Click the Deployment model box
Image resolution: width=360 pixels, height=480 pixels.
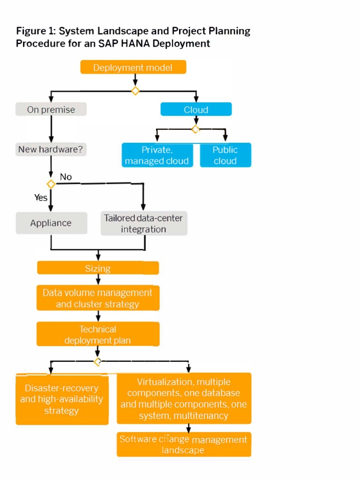[x=133, y=67]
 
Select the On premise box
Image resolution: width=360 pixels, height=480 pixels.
[x=52, y=110]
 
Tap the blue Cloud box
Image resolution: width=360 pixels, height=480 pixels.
[x=196, y=110]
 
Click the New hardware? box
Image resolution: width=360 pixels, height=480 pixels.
[x=52, y=150]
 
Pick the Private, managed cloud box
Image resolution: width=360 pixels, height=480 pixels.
[x=157, y=155]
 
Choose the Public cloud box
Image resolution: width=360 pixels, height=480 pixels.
[x=225, y=155]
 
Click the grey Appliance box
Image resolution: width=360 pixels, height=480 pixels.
[x=52, y=223]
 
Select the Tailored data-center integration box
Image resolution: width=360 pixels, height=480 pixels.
[x=143, y=223]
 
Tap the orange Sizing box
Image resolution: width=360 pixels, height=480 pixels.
[x=98, y=268]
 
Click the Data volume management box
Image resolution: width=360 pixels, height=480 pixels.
[x=98, y=298]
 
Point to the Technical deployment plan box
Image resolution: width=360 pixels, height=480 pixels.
[x=98, y=335]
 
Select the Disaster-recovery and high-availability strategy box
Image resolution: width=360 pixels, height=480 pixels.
[x=62, y=399]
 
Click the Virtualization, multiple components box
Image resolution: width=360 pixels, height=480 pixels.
[x=184, y=398]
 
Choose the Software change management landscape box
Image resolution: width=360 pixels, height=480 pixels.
[x=184, y=444]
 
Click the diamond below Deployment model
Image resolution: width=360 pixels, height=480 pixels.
[x=135, y=90]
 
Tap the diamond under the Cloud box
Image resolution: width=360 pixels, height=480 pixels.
[x=195, y=129]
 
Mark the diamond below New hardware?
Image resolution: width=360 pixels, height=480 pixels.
[x=51, y=184]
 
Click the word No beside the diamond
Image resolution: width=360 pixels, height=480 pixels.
[x=66, y=177]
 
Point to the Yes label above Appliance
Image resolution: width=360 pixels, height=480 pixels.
[x=41, y=198]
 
